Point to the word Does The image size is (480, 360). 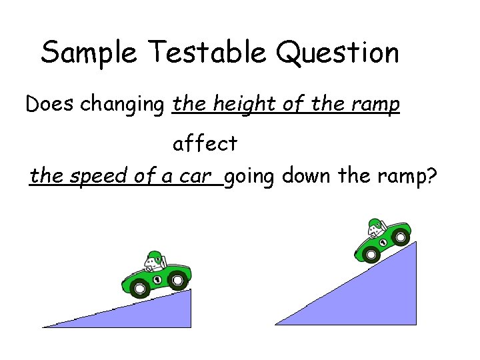tap(51, 104)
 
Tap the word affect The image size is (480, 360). tap(205, 143)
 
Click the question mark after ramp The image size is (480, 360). tap(430, 177)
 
